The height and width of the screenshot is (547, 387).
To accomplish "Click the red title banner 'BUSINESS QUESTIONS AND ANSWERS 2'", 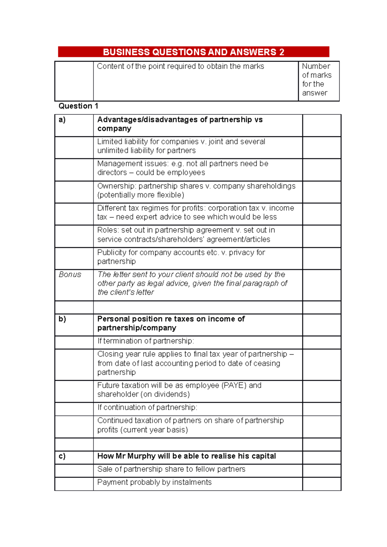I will pyautogui.click(x=193, y=52).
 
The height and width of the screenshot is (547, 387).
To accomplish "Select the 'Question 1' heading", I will pyautogui.click(x=78, y=106).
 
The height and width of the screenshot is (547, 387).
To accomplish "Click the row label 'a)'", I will pyautogui.click(x=62, y=120).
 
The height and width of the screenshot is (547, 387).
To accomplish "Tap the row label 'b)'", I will pyautogui.click(x=62, y=319).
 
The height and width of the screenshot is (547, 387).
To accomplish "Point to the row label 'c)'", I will pyautogui.click(x=62, y=456).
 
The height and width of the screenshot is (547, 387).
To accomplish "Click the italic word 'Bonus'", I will pyautogui.click(x=70, y=274).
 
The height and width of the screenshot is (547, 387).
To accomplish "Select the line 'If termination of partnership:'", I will pyautogui.click(x=146, y=341).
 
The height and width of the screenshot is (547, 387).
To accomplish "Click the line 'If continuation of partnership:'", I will pyautogui.click(x=147, y=408).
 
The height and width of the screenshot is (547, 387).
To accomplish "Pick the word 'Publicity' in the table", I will pyautogui.click(x=112, y=253).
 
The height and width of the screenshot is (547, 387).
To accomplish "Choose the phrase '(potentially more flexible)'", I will pyautogui.click(x=141, y=195).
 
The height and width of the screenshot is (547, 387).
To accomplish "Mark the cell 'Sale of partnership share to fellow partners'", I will pyautogui.click(x=171, y=469).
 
